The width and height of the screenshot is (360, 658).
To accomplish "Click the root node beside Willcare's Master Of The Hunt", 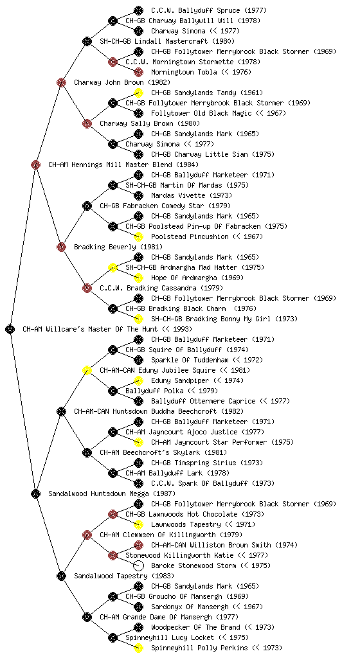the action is coord(10,330).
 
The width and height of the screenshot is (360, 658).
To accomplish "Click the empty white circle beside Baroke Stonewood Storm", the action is coord(138,565).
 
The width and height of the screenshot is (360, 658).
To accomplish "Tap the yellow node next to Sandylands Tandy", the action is coord(138,93).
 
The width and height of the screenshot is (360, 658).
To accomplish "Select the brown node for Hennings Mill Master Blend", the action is coord(35,165).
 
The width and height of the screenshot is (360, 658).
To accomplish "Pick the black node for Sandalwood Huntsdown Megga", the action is coord(35,494).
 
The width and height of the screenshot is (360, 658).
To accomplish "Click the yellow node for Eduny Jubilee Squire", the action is coord(87,371).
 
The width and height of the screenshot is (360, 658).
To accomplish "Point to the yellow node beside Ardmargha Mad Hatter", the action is coord(113,268).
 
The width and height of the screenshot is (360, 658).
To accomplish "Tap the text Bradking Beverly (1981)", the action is coord(118,247).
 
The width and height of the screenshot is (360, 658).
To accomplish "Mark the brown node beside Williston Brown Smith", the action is coord(138,545).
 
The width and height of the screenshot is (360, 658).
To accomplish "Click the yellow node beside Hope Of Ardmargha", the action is coord(138,278).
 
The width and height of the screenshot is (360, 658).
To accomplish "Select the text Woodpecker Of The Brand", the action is coord(195,627).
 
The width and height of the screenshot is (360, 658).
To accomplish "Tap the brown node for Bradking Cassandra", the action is coord(87,289).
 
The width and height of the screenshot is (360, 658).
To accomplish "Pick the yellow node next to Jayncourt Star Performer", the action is coord(138,442).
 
